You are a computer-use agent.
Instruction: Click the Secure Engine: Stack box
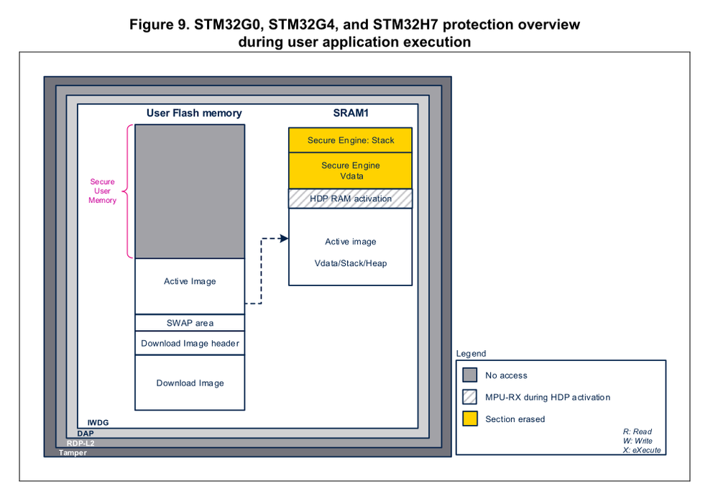351,140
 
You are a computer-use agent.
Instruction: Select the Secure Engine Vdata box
351,170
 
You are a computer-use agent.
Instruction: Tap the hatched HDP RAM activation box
351,198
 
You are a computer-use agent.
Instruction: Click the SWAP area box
190,323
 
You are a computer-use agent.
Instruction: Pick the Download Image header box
190,343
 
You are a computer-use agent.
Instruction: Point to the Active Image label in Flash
190,281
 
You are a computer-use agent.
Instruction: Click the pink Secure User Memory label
103,191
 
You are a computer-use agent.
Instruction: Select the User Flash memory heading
194,113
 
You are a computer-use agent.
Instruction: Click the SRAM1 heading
350,113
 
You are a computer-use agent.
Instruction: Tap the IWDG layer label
98,423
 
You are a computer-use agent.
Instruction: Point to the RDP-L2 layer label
80,443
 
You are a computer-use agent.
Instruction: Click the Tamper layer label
73,452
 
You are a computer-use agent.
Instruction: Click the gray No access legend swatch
470,375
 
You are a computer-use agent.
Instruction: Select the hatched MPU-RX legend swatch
470,397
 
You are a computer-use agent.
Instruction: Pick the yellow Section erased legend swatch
470,418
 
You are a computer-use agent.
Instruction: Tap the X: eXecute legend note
642,450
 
